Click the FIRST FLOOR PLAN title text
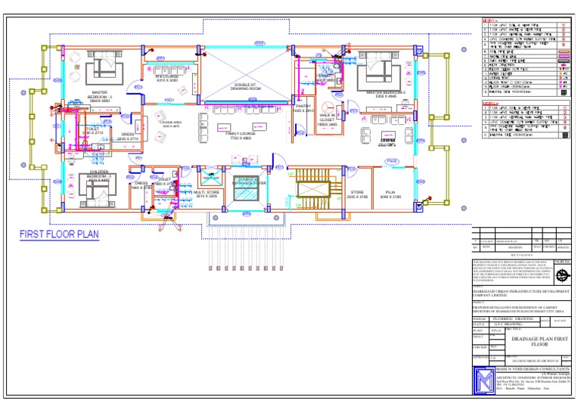[59, 235]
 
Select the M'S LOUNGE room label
[166, 78]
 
